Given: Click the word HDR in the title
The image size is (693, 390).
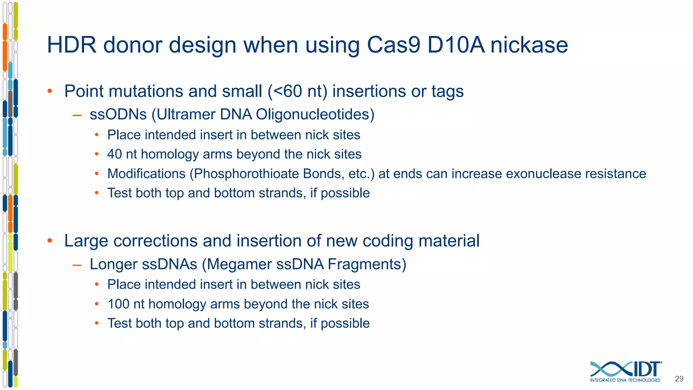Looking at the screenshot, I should click(71, 45).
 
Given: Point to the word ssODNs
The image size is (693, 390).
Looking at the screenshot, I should click(118, 114).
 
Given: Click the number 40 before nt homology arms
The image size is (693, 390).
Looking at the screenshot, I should click(114, 154).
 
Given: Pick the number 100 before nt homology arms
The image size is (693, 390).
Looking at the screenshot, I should click(118, 304).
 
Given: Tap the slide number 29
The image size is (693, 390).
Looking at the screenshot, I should click(679, 379).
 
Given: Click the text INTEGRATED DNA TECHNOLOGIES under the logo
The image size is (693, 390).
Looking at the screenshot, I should click(625, 380).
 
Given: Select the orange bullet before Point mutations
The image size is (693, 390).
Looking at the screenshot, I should click(50, 91).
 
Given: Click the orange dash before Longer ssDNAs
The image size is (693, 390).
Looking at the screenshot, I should click(77, 265).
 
